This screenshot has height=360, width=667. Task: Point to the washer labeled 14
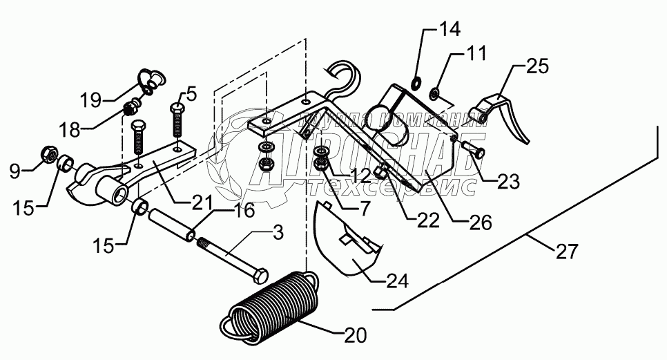tap(416, 84)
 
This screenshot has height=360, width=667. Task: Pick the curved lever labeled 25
tap(504, 114)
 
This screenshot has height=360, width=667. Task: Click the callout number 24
tap(397, 281)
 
